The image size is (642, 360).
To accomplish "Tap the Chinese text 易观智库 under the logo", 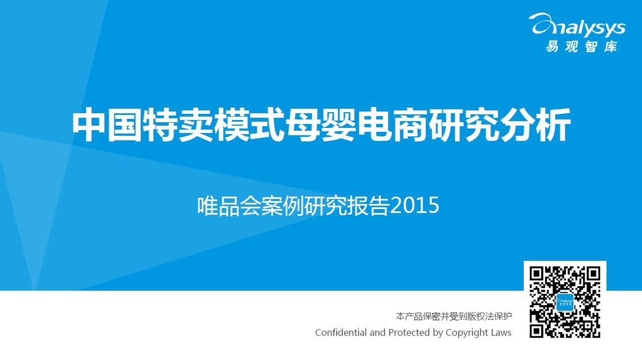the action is [x=581, y=46].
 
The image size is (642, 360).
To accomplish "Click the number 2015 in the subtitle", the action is [x=414, y=206].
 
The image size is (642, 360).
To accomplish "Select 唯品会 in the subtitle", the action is [x=229, y=206].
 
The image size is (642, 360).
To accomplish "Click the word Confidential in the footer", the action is [x=341, y=332].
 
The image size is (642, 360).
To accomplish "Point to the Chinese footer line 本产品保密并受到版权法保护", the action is [x=454, y=316].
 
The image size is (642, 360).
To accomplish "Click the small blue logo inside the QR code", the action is [x=565, y=302].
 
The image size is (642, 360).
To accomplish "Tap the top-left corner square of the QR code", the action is [x=536, y=274].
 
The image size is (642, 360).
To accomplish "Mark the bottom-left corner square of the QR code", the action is [x=536, y=331].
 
